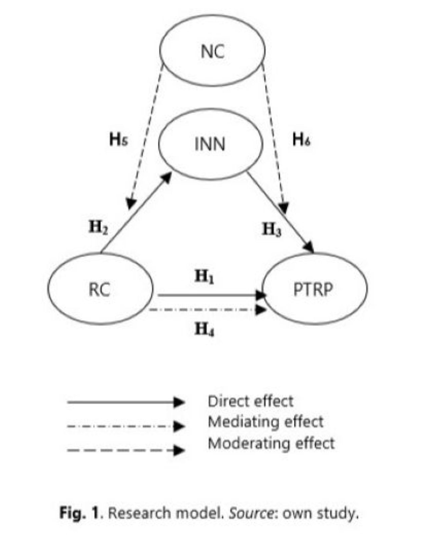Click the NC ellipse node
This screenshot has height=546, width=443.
point(212,51)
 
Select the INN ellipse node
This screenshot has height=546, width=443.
point(210,144)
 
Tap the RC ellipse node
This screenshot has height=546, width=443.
point(100,289)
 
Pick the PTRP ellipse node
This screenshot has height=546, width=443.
point(315,289)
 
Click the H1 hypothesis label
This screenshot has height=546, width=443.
point(204,277)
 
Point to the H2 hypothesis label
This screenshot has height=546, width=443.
point(98,228)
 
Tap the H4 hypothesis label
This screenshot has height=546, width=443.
point(204,330)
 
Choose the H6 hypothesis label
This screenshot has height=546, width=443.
point(301,139)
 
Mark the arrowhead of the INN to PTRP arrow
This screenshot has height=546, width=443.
point(309,248)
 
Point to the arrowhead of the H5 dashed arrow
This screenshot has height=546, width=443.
point(131,203)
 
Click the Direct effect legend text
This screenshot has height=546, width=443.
point(250,401)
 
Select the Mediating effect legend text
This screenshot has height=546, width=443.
point(266,422)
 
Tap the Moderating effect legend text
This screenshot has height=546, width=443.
point(271,443)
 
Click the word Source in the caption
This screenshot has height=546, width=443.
point(250,513)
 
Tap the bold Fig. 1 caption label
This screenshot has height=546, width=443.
point(79,513)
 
